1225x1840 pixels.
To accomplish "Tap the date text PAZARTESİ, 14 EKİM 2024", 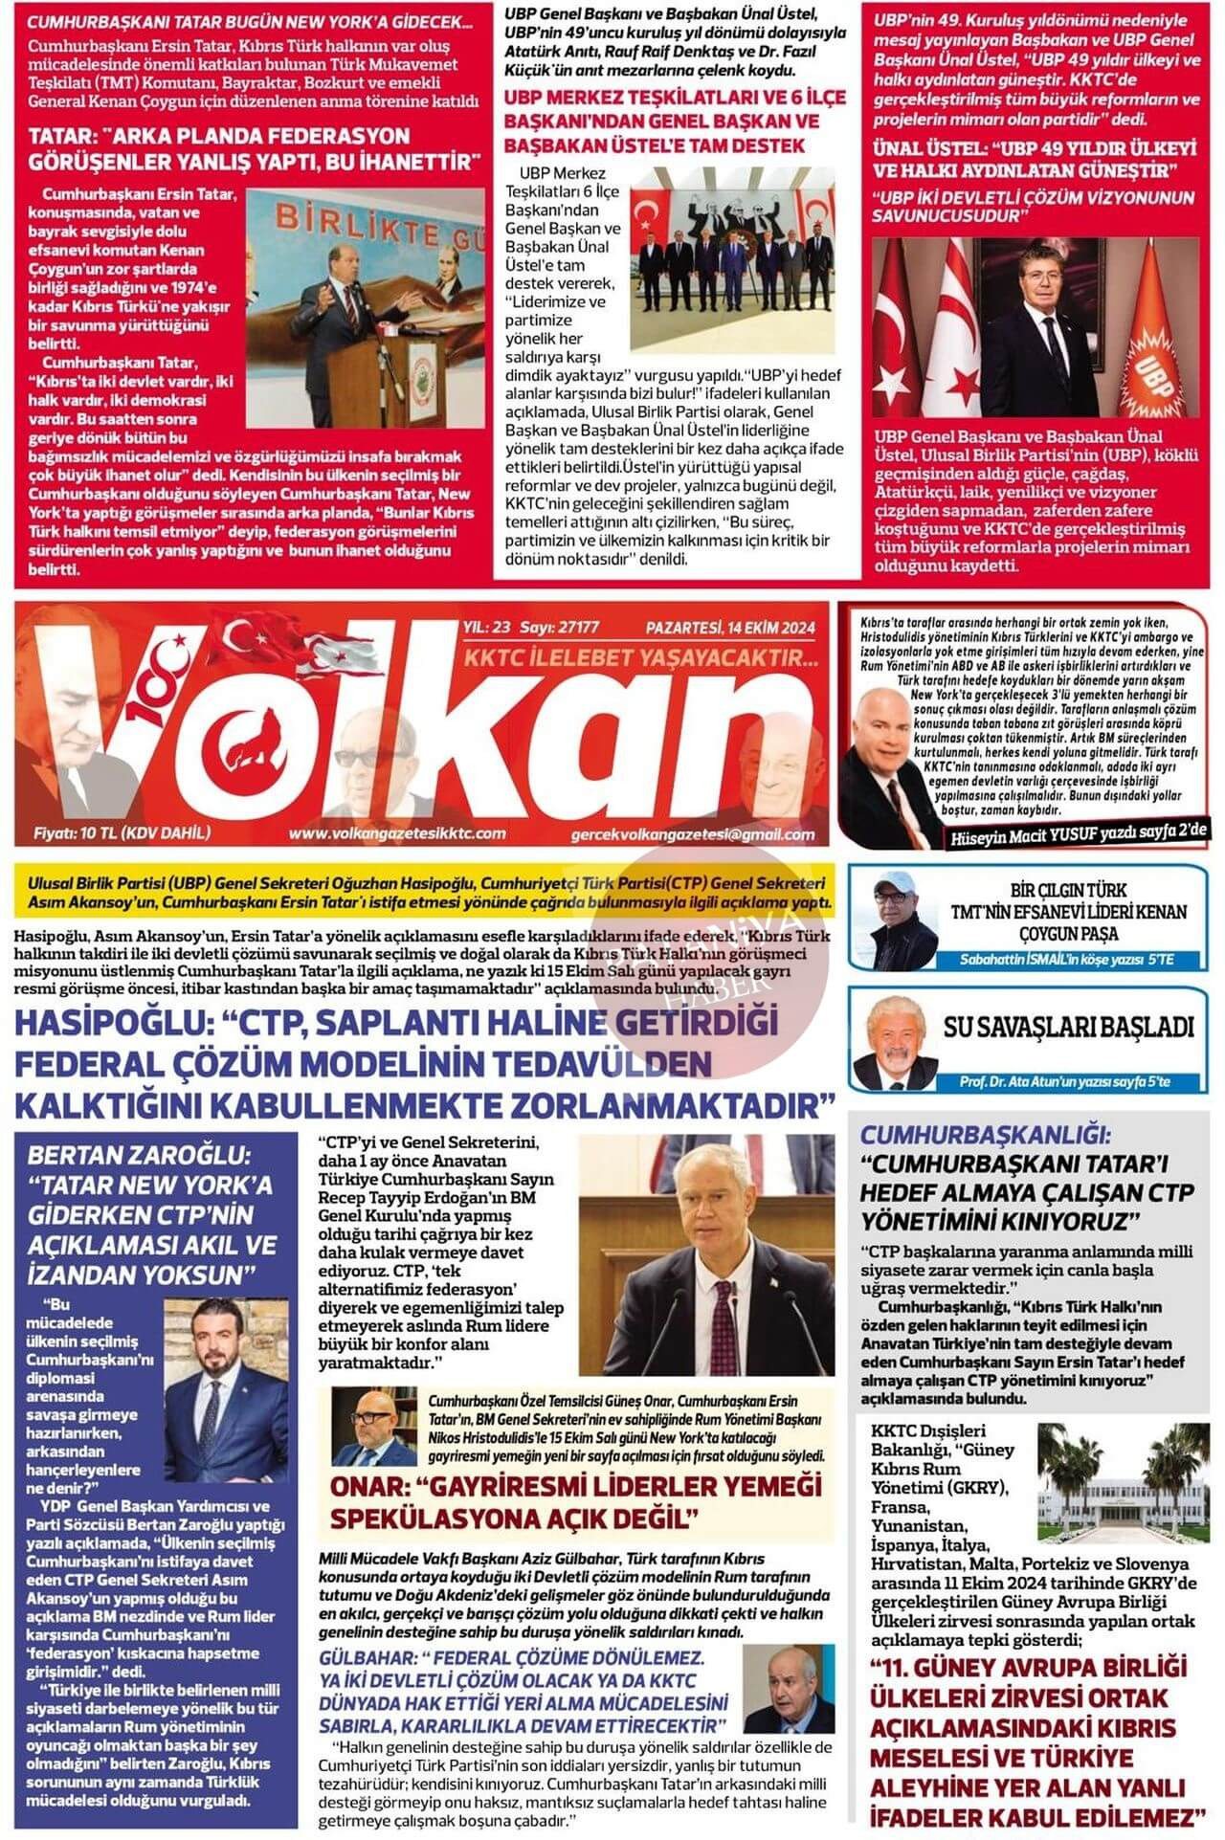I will pyautogui.click(x=729, y=628).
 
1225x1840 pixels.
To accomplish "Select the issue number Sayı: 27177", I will pyautogui.click(x=559, y=628).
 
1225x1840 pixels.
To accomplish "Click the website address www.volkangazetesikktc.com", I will pyautogui.click(x=396, y=833).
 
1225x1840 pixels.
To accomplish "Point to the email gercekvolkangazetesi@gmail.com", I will pyautogui.click(x=692, y=834).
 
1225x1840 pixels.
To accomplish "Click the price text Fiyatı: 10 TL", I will pyautogui.click(x=121, y=832).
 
